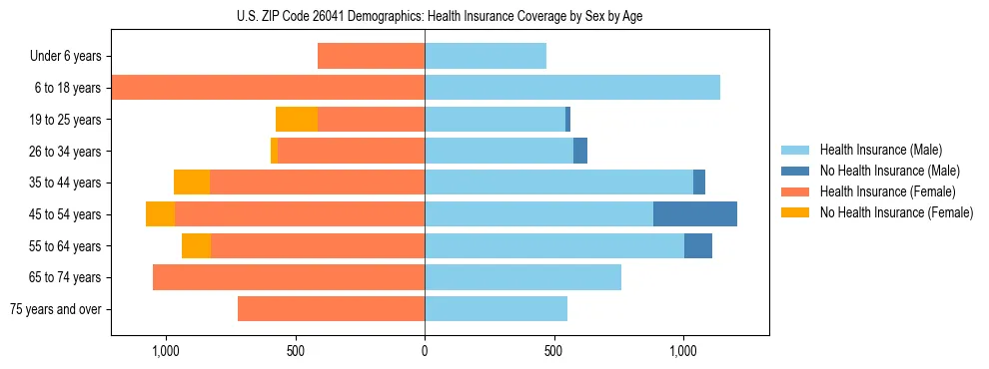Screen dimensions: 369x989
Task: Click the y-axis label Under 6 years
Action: pos(65,57)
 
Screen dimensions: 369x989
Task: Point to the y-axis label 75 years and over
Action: pos(55,309)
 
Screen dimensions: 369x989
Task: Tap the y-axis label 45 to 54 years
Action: pos(65,214)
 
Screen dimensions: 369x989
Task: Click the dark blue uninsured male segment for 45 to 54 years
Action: pos(695,214)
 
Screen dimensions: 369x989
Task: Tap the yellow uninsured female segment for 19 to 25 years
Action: pos(297,120)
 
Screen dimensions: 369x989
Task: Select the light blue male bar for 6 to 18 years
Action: pos(572,88)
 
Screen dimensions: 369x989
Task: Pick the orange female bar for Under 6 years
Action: pos(371,57)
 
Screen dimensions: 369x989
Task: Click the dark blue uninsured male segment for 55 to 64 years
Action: pos(698,246)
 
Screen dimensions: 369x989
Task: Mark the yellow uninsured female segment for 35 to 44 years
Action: pos(192,183)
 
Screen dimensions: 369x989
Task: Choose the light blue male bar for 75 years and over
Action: pos(495,309)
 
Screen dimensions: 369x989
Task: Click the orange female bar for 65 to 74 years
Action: pos(289,277)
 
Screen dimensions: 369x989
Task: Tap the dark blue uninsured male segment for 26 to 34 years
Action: pos(580,152)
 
